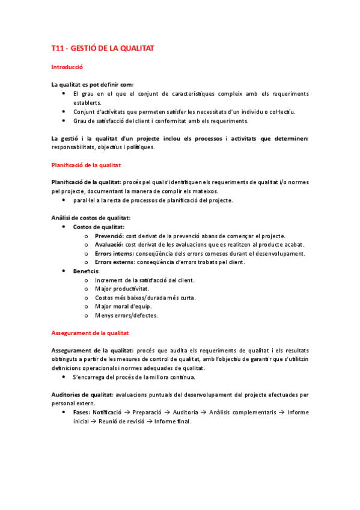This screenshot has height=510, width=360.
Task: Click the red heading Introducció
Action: tap(66, 68)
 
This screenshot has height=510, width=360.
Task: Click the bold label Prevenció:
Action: tap(109, 236)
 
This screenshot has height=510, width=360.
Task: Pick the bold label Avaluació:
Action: tap(109, 245)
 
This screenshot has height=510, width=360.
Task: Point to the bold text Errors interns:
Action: tap(115, 254)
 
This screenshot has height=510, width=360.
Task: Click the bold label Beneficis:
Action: tap(87, 271)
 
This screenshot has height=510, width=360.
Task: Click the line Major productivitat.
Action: tap(118, 289)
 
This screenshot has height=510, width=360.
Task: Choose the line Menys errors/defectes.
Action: tap(126, 316)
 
